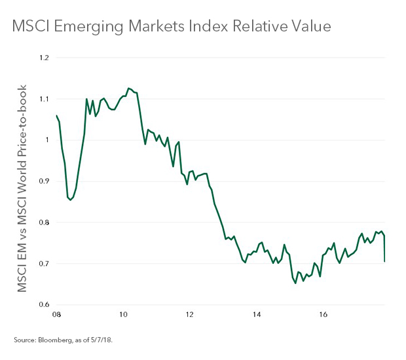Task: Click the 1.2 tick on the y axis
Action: [x=45, y=58]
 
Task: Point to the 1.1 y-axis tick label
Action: [x=45, y=99]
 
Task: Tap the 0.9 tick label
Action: [x=44, y=181]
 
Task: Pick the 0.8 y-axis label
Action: [x=44, y=223]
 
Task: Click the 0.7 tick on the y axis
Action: [x=44, y=264]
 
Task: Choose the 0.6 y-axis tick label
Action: [x=44, y=305]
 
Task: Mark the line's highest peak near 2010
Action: [x=128, y=88]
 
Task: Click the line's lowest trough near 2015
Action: [x=295, y=283]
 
